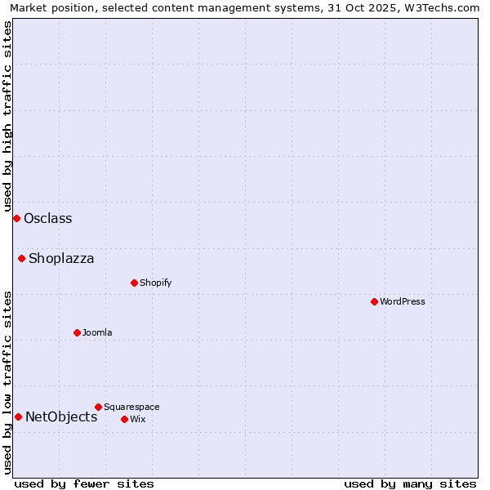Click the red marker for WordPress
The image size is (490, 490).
click(374, 301)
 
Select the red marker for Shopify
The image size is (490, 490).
click(134, 283)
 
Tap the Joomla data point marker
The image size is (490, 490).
click(77, 332)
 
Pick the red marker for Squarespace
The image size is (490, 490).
click(98, 407)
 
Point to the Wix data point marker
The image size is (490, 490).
click(124, 419)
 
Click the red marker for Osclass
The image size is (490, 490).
click(16, 218)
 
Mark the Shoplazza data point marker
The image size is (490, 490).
click(21, 259)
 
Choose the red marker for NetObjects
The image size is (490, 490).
click(18, 417)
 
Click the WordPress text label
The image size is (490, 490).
click(403, 301)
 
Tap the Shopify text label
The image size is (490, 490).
click(156, 283)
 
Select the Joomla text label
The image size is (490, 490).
click(97, 332)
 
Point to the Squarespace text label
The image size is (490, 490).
click(131, 407)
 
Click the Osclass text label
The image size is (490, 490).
click(48, 218)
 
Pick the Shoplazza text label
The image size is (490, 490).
click(61, 259)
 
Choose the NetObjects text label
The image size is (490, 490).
click(61, 417)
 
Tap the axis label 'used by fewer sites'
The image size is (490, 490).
click(84, 483)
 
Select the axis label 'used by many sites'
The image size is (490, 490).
click(410, 483)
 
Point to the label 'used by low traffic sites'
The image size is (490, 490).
click(7, 381)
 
